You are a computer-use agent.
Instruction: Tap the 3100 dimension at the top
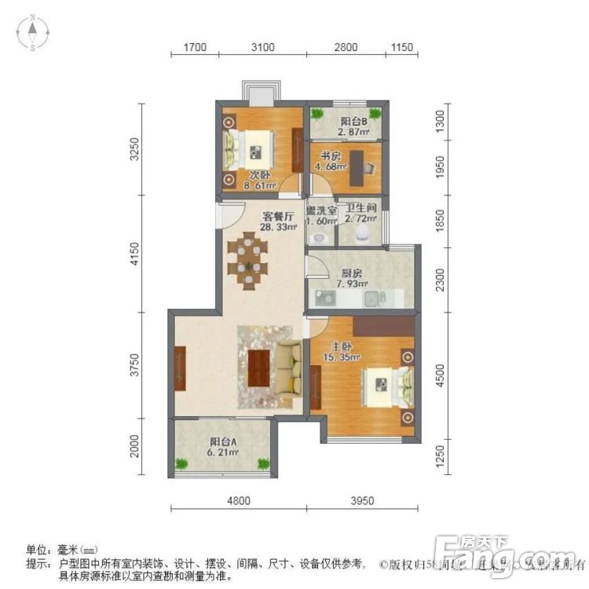262,48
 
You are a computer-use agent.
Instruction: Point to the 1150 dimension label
401,48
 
